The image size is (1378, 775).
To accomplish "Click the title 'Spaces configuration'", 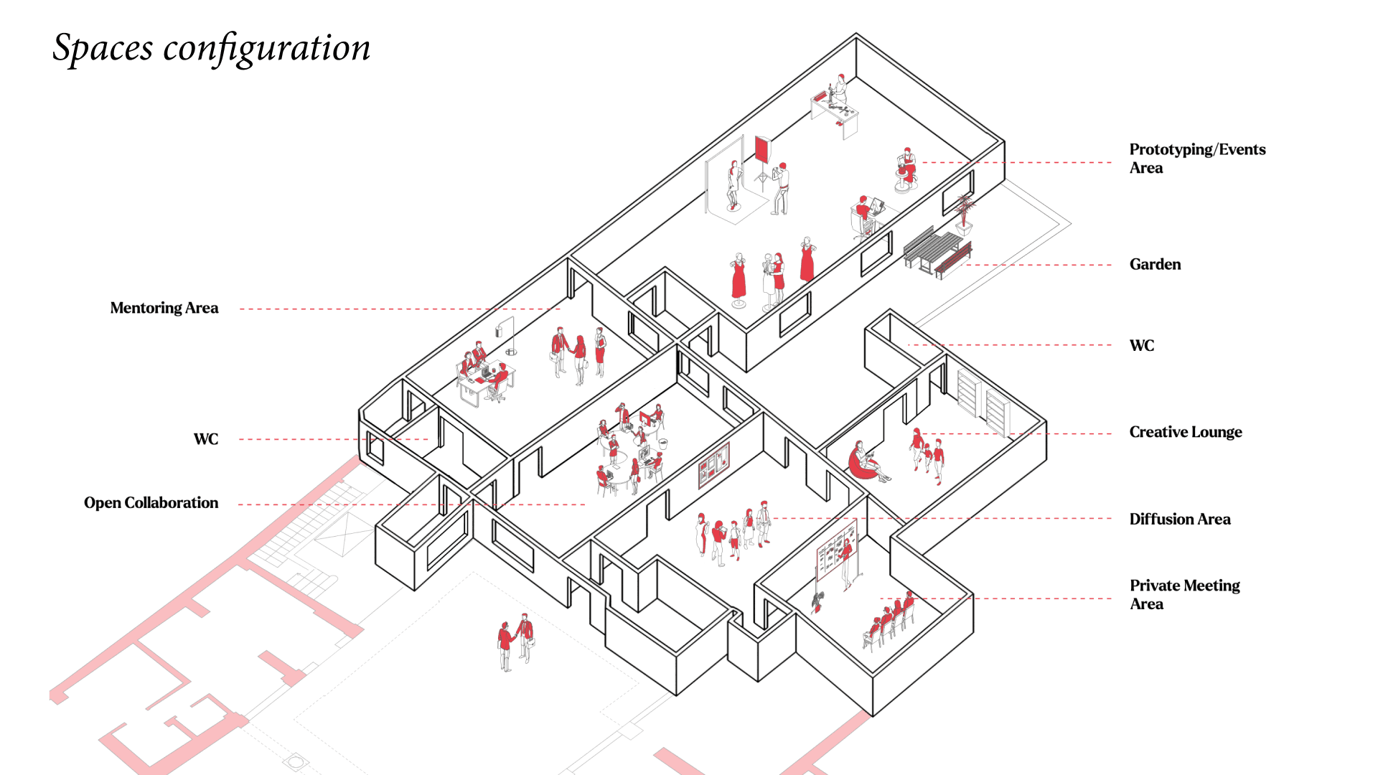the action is [x=212, y=48].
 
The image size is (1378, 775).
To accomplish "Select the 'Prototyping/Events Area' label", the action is [x=1196, y=159].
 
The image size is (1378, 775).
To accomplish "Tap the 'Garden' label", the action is [x=1155, y=264].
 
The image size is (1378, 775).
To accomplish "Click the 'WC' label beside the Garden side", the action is [x=1141, y=346].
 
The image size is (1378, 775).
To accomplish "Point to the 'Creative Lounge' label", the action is [x=1185, y=432].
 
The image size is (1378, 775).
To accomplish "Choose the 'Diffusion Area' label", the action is [x=1179, y=519].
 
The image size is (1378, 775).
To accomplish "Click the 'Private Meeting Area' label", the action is [x=1184, y=594].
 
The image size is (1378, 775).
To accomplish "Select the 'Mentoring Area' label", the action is [x=164, y=308].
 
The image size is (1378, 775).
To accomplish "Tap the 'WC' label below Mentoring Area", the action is [x=206, y=439].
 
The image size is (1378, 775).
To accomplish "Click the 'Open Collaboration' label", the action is [x=151, y=503].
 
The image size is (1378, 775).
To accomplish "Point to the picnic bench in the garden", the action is [x=937, y=251].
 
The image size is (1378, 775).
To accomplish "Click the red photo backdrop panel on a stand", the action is [x=762, y=151].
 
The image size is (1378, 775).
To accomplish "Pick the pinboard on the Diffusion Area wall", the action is [x=714, y=465].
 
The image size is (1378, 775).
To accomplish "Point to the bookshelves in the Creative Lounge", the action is [x=983, y=402].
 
